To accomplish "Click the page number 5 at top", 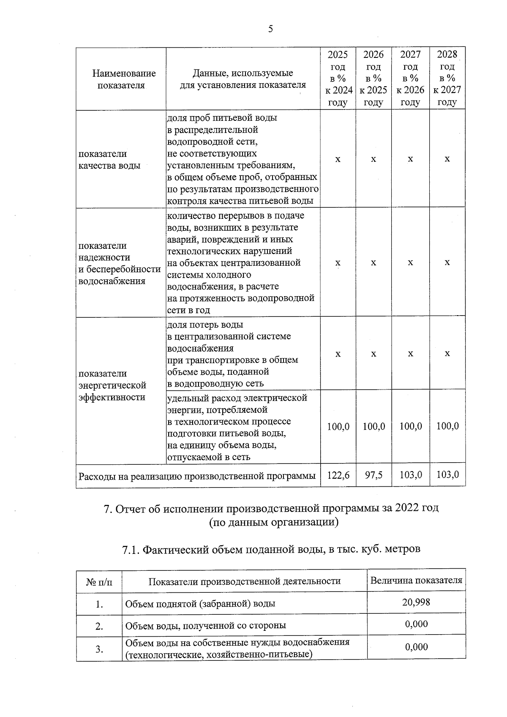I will click(270, 29).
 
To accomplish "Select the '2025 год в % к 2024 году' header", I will click(338, 78).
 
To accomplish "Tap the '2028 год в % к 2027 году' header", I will click(447, 78).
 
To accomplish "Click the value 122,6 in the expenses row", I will click(338, 475).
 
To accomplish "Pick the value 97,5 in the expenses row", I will click(373, 475).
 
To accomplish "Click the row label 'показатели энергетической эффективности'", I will click(112, 385).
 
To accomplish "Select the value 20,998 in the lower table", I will click(416, 602).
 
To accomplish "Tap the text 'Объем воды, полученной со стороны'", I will click(205, 625).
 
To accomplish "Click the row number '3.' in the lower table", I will click(99, 649).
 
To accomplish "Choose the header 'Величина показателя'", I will click(416, 580).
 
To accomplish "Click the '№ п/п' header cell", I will click(99, 581).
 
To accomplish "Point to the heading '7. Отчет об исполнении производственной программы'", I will click(271, 508).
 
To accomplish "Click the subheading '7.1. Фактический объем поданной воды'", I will click(271, 549).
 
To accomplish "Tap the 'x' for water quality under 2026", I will click(373, 159).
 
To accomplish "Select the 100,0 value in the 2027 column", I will click(411, 426).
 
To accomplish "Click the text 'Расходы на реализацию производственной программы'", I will click(197, 476).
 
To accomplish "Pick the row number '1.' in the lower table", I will click(99, 604).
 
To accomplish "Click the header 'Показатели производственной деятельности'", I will click(244, 581).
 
